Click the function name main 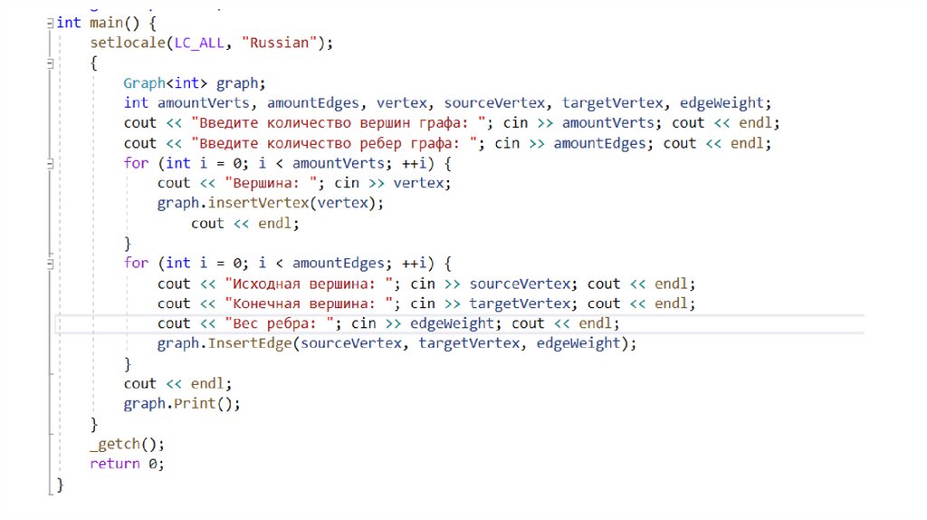106,23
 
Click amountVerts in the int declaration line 207,102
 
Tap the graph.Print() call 182,404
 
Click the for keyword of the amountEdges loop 136,263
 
